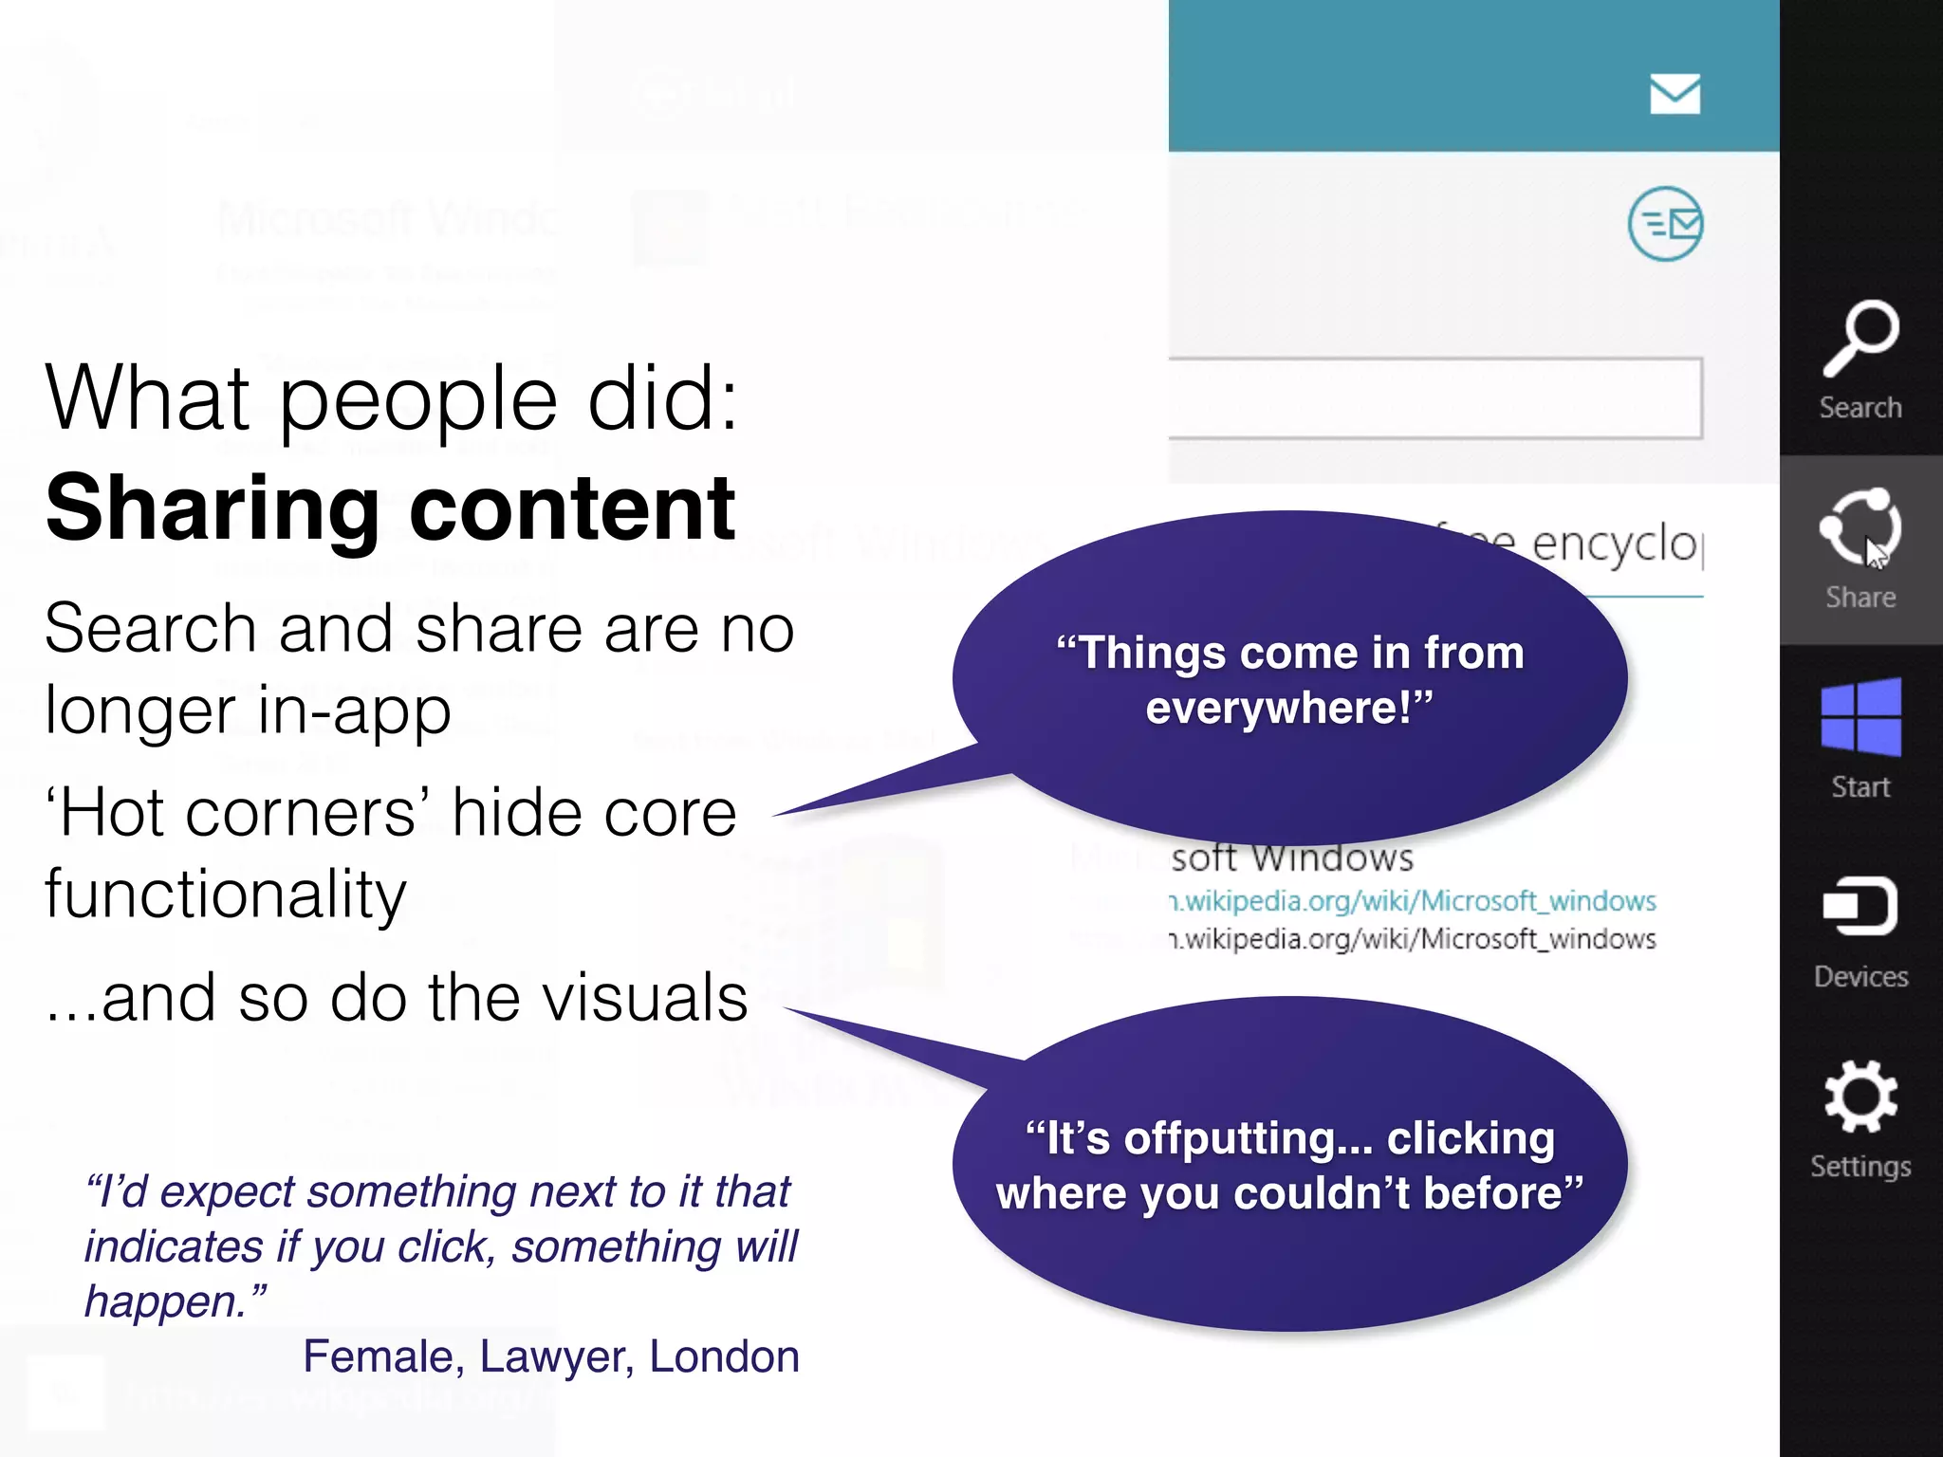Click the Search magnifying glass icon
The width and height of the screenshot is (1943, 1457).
coord(1860,338)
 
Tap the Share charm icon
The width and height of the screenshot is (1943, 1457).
coord(1860,527)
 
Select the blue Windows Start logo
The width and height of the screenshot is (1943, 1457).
coord(1860,717)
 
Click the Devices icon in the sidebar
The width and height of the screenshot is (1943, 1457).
coord(1860,906)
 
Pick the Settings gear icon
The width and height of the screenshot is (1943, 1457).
coord(1860,1097)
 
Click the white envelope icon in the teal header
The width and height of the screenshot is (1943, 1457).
coord(1675,94)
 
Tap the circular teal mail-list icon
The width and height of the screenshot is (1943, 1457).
coord(1665,224)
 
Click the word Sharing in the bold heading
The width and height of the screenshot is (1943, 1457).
coord(213,510)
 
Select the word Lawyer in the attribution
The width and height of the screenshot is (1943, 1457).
coord(556,1356)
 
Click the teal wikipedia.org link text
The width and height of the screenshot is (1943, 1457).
coord(1414,900)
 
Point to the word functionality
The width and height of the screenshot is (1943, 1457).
coord(226,894)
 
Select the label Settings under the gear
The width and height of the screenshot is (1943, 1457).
coord(1860,1166)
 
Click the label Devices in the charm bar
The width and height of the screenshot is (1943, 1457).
coord(1860,976)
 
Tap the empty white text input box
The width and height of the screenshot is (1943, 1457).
coord(1434,397)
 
